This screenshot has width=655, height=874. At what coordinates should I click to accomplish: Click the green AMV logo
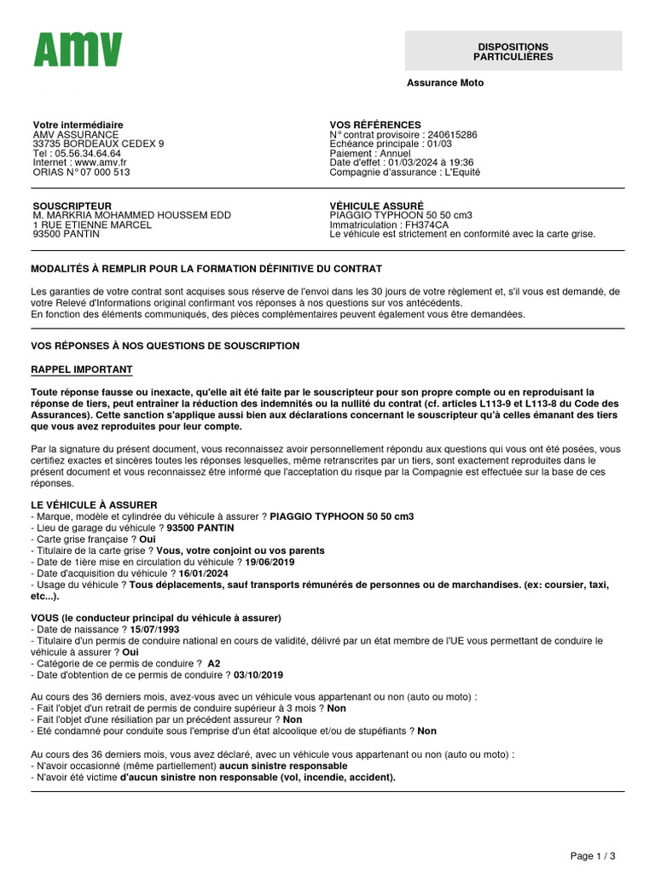click(x=78, y=50)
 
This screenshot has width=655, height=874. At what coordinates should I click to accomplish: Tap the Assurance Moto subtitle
click(x=445, y=83)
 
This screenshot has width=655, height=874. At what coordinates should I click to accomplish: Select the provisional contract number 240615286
click(x=452, y=135)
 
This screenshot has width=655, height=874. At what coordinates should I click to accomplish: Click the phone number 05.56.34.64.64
click(x=86, y=154)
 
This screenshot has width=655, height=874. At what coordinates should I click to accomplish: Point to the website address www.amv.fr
click(x=101, y=162)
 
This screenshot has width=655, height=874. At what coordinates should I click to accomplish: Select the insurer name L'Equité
click(x=462, y=172)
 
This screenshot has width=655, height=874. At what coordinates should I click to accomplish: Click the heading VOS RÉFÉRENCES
click(x=375, y=125)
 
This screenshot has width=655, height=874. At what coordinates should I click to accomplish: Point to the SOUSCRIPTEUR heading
click(x=72, y=206)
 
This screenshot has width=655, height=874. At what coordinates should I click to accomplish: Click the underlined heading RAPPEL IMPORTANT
click(x=82, y=370)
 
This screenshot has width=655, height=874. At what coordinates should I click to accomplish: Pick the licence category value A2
click(x=214, y=663)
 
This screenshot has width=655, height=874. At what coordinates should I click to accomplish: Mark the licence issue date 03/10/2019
click(x=258, y=674)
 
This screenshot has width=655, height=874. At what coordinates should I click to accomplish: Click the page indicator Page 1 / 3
click(x=592, y=855)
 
